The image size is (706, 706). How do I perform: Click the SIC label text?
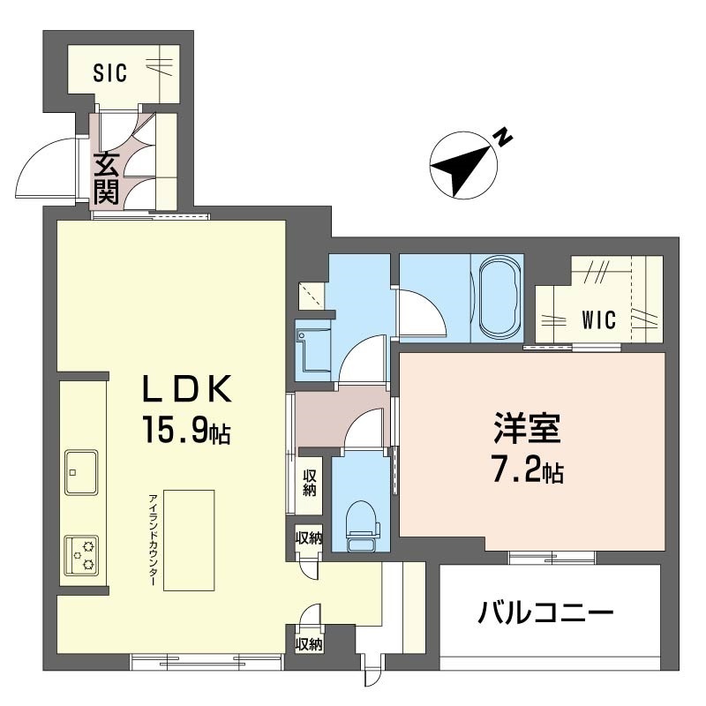(110, 73)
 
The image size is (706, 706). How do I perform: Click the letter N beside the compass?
(502, 137)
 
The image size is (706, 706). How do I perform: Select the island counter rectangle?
(188, 540)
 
